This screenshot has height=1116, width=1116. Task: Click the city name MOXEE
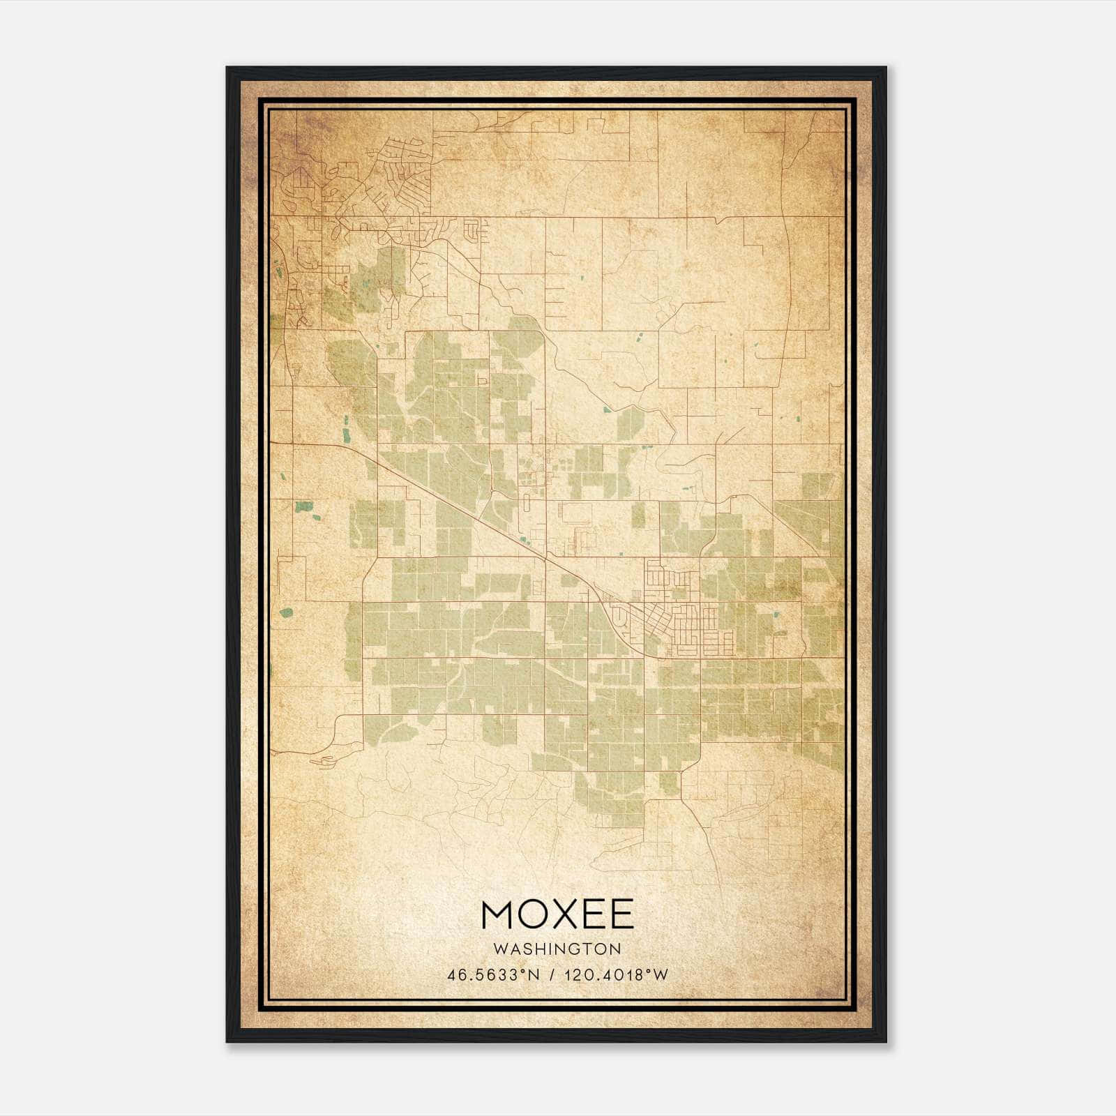[557, 914]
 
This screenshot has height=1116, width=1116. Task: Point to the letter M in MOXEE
[497, 914]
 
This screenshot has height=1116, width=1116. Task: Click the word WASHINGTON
[557, 949]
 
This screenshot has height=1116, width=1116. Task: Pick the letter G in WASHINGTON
[578, 949]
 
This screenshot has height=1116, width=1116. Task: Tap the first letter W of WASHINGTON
[499, 949]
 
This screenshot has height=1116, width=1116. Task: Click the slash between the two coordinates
[552, 975]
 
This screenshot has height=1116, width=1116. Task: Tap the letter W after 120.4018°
[661, 975]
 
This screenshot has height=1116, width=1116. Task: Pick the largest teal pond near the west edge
[303, 507]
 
